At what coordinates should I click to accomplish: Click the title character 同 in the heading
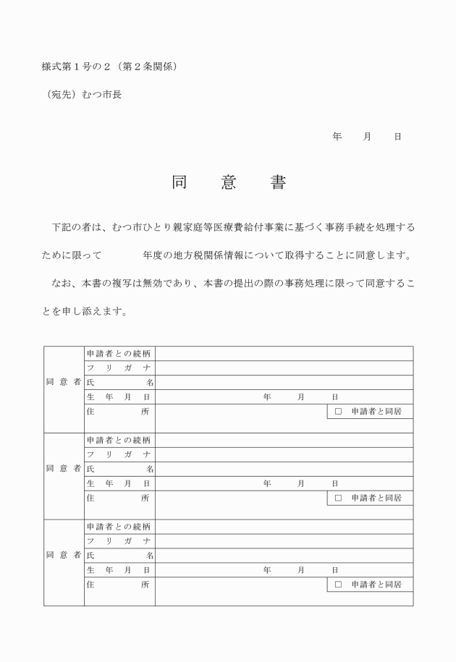pos(180,183)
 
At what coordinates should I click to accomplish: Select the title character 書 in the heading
pos(278,183)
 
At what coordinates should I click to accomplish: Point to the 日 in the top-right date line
pos(397,136)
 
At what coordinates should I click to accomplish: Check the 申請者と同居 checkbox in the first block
pos(338,412)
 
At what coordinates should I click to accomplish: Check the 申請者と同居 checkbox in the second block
pos(338,498)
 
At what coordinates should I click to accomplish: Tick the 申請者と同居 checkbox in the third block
pos(338,585)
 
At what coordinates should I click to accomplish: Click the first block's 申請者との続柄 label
pos(119,354)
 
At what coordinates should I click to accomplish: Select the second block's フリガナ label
pos(119,454)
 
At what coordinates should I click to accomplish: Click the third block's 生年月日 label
pos(119,570)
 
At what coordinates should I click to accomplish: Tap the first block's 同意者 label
pos(63,383)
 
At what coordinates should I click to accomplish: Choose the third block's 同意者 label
pos(63,556)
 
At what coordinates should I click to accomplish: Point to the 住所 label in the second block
pos(119,498)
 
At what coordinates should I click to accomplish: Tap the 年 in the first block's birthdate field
pos(267,397)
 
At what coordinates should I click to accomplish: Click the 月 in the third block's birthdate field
pos(301,570)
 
